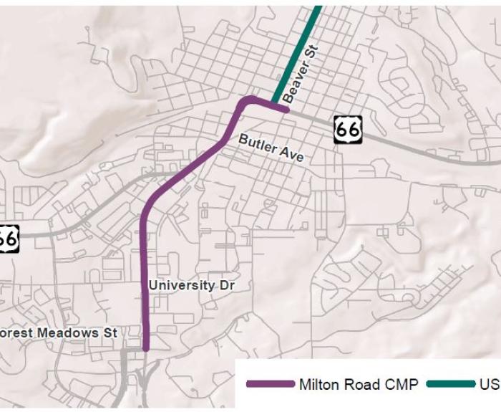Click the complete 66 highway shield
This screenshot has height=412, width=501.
(x=348, y=129)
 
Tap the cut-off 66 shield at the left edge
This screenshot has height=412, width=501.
(x=8, y=238)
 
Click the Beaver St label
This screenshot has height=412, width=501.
(x=300, y=72)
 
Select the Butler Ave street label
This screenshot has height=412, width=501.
(x=271, y=148)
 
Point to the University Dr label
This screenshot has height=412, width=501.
(x=191, y=285)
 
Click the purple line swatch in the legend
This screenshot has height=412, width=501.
(x=270, y=384)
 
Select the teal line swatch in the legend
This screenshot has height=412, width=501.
(x=450, y=384)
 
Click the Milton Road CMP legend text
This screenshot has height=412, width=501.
(x=359, y=385)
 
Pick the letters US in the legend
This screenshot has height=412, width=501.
(x=490, y=385)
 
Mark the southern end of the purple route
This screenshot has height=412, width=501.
(x=145, y=348)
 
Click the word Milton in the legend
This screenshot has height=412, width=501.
(x=319, y=385)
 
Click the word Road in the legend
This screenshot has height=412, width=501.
(x=361, y=385)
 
